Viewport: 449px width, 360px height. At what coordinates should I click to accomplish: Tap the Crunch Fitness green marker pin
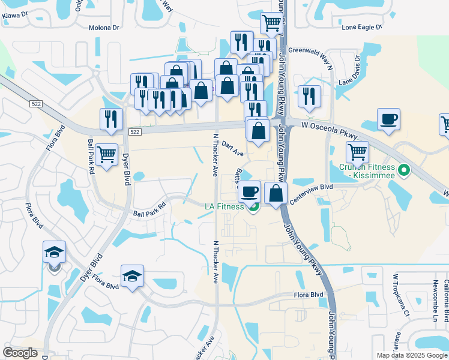404,172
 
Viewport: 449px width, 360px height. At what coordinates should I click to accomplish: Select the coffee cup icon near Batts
250,192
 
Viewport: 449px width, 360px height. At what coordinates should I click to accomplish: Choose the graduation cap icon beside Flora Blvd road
132,276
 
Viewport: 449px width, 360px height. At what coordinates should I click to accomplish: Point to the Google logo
20,353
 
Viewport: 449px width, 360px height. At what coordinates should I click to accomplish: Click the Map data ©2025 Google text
411,355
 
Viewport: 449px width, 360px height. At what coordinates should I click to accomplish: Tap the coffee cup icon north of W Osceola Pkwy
388,119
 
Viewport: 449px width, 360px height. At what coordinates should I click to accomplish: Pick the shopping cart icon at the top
271,23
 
